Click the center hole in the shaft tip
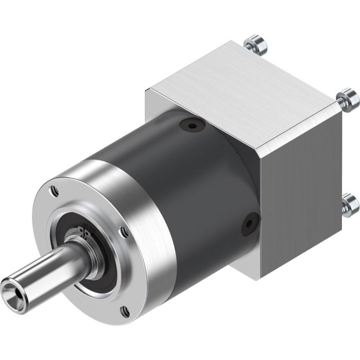click(11, 284)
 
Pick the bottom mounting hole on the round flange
click(124, 310)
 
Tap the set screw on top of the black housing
click(192, 126)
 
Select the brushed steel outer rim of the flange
click(144, 206)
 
